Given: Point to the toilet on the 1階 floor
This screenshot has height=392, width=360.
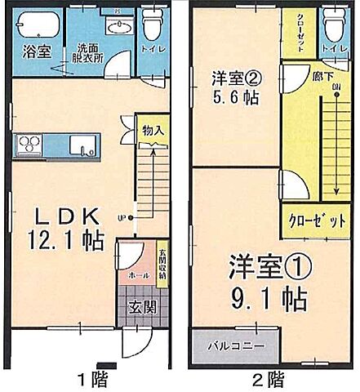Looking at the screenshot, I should coord(153,26).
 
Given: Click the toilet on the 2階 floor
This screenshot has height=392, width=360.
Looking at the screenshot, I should coord(332,26).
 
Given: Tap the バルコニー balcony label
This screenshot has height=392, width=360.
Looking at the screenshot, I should coord(234,345).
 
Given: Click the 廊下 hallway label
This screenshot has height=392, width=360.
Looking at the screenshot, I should coord(311,77).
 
